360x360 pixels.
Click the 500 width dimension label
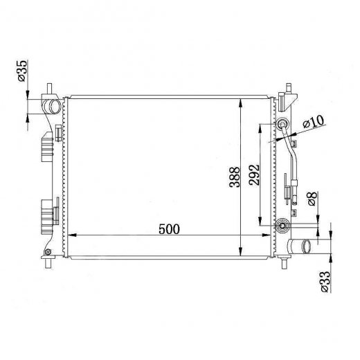(169, 229)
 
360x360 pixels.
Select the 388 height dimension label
(235, 177)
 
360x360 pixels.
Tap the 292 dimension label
(254, 175)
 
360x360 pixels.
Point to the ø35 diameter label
(22, 71)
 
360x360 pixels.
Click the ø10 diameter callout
(314, 121)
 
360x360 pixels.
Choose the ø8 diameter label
(312, 199)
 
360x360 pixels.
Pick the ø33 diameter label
(325, 282)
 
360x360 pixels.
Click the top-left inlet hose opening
(55, 107)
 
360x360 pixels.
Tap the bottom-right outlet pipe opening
(307, 246)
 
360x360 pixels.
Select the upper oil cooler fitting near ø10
(282, 124)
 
